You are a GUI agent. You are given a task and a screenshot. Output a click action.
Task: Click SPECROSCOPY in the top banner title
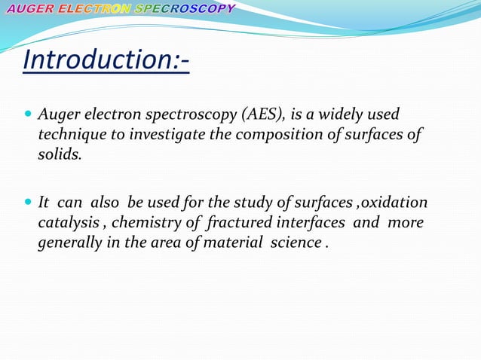tap(185, 9)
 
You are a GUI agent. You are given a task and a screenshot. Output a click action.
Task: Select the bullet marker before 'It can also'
tap(29, 204)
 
